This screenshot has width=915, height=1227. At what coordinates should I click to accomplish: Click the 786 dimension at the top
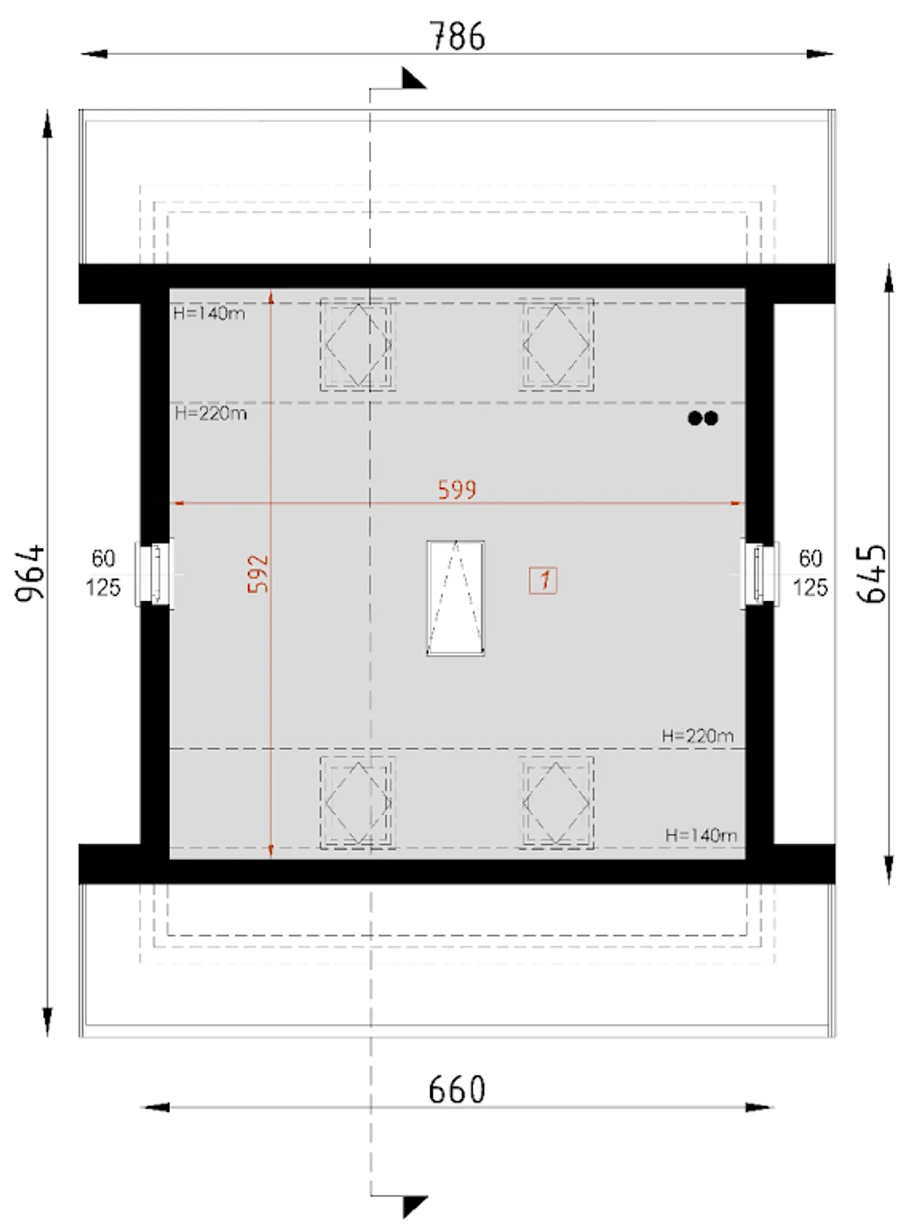(457, 36)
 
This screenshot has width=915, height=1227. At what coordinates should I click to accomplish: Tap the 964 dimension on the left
(31, 573)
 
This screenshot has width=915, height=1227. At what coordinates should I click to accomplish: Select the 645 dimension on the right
(871, 574)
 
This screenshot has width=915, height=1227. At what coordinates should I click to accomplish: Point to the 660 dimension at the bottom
(457, 1090)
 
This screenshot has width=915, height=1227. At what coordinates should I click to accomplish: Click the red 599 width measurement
(457, 490)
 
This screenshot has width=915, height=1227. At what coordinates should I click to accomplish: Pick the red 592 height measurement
(258, 573)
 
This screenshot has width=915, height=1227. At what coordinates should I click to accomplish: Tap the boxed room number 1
(543, 580)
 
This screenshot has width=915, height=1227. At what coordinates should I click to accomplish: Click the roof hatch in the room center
(455, 598)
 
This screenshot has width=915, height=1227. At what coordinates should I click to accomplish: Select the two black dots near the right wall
(703, 418)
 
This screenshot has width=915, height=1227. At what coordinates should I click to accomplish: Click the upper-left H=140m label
(209, 313)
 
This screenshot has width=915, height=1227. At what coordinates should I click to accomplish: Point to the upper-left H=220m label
(211, 413)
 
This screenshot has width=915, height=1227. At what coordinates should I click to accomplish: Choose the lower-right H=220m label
(698, 736)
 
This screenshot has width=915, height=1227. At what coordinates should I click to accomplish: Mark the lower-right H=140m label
(701, 835)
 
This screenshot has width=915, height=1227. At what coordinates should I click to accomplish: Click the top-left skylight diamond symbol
(357, 345)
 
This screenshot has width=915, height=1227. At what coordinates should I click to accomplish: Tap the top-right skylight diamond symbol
(556, 345)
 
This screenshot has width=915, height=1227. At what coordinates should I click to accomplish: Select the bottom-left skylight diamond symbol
(357, 803)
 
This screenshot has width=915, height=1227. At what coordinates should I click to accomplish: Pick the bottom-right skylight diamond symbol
(556, 803)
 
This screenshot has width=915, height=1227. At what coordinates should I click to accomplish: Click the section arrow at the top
(413, 78)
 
